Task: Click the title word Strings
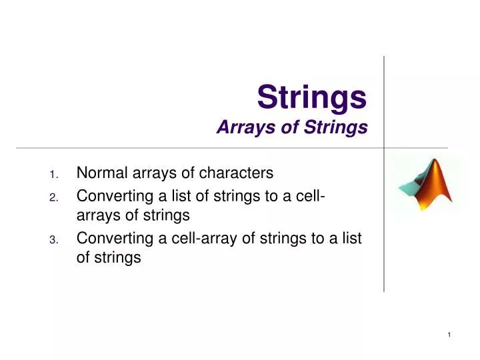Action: click(x=312, y=97)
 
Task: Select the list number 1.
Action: click(x=54, y=175)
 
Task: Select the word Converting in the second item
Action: click(x=110, y=196)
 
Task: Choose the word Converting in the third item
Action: click(x=110, y=238)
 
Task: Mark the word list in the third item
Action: click(x=350, y=238)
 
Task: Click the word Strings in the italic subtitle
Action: click(x=333, y=127)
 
